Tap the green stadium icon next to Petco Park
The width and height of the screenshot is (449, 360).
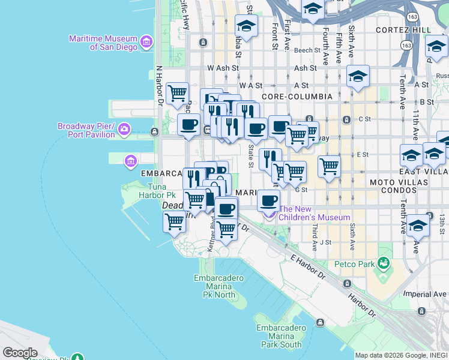(x=383, y=263)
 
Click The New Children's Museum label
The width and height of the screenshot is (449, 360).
(x=314, y=213)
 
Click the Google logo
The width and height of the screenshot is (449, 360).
(x=20, y=352)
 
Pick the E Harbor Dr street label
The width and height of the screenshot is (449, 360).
(x=308, y=268)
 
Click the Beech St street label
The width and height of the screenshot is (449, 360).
(x=307, y=51)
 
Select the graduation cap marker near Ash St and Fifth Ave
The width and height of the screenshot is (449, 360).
(x=358, y=76)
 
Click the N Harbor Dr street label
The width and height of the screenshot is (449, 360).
(x=160, y=85)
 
